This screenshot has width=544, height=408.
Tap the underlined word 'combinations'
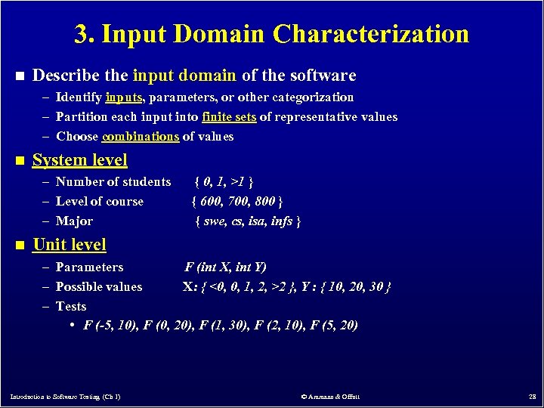point(141,137)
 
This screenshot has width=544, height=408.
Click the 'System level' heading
point(80,160)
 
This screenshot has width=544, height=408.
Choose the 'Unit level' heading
point(70,245)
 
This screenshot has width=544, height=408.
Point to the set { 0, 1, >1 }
point(224,182)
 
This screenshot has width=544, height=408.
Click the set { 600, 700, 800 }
point(237,202)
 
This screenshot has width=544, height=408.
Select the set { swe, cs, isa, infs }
point(248,221)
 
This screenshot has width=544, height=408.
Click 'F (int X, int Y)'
point(226,267)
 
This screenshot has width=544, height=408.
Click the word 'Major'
point(74,221)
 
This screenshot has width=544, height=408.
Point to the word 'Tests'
point(71,307)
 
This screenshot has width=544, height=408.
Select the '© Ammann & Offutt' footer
point(330,397)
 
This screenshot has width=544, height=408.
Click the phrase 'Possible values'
point(99,287)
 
